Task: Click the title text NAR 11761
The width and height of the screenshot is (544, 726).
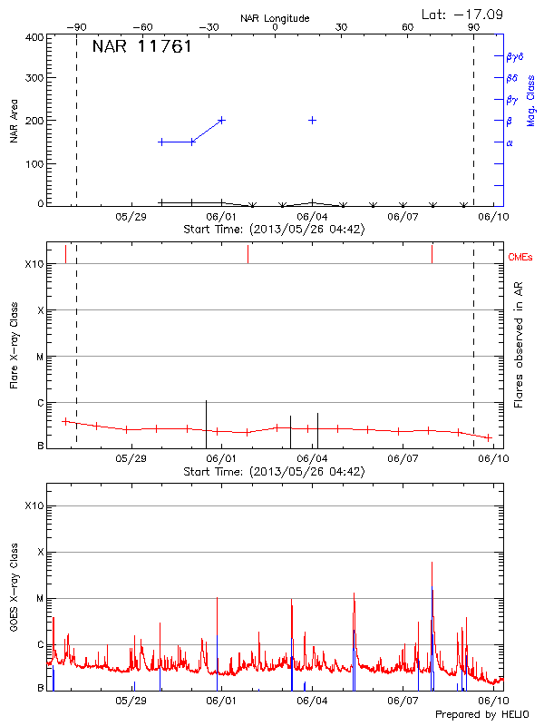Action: coord(141,47)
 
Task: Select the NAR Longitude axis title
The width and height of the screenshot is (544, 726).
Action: coord(275,18)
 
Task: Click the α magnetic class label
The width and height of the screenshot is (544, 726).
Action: coord(510,142)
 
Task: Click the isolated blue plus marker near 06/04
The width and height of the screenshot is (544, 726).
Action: coord(313,120)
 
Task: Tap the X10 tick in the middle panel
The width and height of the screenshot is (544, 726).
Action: coord(34,264)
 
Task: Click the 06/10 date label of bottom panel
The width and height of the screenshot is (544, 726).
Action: coord(492,701)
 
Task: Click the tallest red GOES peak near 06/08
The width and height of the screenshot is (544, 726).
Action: coord(432,564)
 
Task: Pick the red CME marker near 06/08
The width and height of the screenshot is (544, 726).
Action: coord(432,253)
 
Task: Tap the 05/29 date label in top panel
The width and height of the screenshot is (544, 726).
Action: coord(131,217)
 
